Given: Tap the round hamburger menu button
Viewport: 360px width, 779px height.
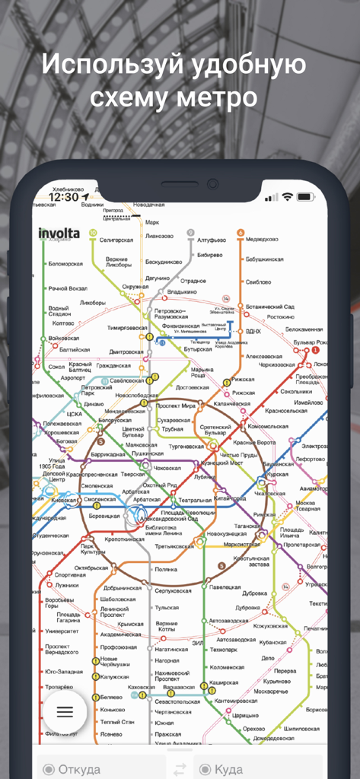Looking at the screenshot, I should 65,712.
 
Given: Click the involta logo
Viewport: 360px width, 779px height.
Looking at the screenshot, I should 59,233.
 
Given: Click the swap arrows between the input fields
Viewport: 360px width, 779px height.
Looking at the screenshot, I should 180,768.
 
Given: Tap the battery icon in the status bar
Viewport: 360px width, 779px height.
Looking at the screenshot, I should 305,197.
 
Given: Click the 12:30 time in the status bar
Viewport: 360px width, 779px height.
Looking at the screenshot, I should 63,197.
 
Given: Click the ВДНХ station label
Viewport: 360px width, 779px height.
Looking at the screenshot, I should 254,331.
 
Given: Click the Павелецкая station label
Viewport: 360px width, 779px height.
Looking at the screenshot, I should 225,587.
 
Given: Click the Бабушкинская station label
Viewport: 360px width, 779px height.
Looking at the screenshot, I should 264,259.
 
